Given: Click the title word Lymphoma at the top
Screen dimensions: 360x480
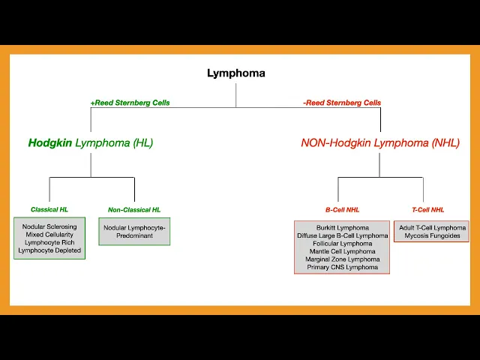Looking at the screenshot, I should tap(235, 73).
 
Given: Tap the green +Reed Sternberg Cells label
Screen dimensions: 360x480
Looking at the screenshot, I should tap(130, 103).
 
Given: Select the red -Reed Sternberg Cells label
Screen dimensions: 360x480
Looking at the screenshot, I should tap(342, 103).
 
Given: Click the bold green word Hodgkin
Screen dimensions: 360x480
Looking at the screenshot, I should tap(50, 142).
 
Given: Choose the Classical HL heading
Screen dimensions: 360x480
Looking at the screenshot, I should tap(49, 210).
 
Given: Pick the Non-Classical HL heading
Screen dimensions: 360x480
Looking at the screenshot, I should tap(134, 210).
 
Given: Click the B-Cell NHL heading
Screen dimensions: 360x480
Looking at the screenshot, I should tap(342, 210).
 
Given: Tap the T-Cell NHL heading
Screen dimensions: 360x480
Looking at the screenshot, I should tap(428, 210).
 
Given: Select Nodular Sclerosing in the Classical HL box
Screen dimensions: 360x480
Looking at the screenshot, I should tap(49, 226).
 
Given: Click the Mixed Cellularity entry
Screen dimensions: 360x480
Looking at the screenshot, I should tap(49, 235).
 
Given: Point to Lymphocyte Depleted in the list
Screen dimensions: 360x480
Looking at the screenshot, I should tap(49, 250).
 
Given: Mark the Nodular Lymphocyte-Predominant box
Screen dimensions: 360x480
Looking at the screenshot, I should tap(134, 231).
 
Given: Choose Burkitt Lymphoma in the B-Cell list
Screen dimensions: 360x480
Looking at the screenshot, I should tap(342, 227).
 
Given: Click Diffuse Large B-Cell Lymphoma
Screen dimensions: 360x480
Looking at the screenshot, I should tap(342, 235).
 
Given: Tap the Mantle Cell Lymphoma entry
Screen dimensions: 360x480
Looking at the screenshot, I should tap(342, 251).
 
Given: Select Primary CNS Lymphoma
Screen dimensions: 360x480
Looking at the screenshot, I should tap(342, 267).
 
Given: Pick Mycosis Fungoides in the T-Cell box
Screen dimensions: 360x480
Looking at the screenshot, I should tap(431, 236).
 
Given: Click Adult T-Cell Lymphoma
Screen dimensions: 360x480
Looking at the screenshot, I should tap(431, 227).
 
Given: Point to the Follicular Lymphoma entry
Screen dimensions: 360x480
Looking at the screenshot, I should tap(342, 243).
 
